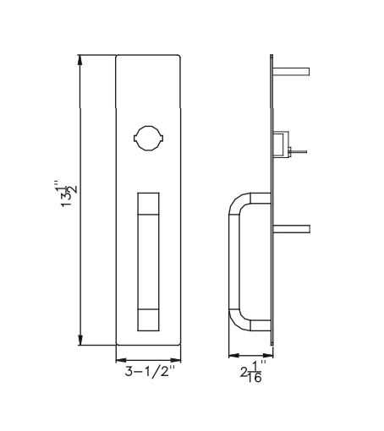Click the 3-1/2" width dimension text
(148, 370)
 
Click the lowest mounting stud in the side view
(292, 228)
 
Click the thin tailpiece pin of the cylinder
(300, 153)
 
